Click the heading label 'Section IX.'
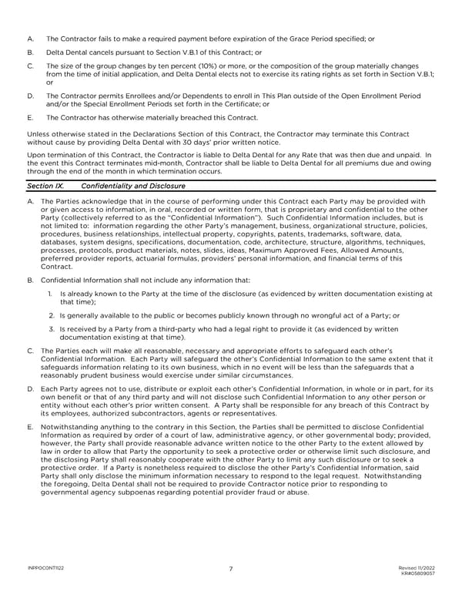point(42,186)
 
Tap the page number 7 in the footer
point(231,569)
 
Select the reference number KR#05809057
point(419,573)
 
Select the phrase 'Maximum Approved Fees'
point(276,251)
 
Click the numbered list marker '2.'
point(51,315)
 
